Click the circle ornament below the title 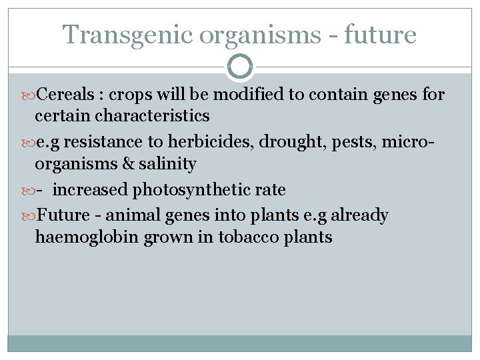(x=240, y=67)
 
